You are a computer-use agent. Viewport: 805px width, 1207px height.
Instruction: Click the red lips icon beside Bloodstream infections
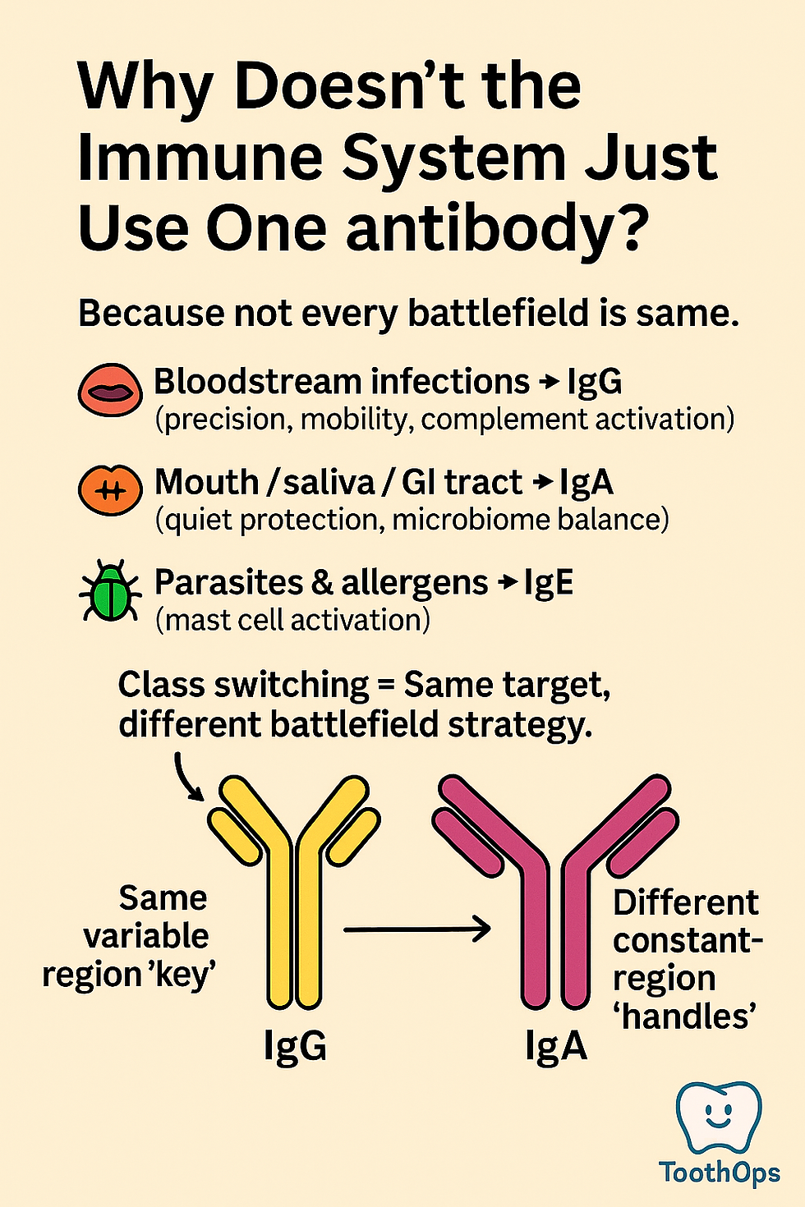coord(110,390)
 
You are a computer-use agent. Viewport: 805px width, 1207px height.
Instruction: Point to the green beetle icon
coord(109,591)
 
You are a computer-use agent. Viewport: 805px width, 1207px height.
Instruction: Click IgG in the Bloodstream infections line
coord(594,383)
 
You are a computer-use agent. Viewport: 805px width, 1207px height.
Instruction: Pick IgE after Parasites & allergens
coord(548,583)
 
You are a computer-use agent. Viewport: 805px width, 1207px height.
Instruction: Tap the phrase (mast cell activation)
coord(292,620)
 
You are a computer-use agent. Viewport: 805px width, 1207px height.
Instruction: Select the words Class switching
coord(243,685)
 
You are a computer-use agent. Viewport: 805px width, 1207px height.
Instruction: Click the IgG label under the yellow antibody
coord(295,1046)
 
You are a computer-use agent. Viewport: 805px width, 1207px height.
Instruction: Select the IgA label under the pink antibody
coord(556,1046)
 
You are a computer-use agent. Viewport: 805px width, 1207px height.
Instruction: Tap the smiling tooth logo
coord(718,1117)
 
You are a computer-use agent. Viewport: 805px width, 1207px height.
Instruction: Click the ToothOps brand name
coord(720,1173)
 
